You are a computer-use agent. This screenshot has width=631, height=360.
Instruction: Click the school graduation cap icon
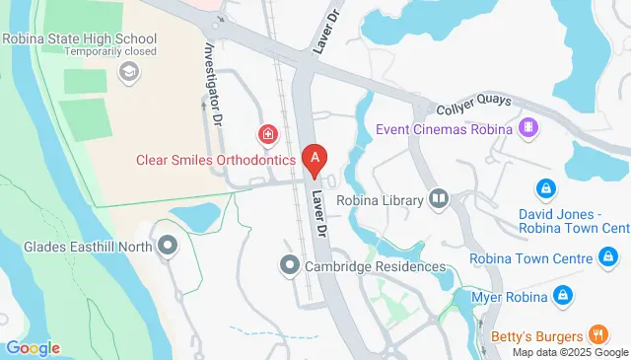pyautogui.click(x=128, y=71)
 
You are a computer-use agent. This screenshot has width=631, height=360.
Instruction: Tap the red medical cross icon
pyautogui.click(x=266, y=133)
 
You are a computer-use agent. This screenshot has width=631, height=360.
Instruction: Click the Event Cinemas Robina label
pyautogui.click(x=444, y=129)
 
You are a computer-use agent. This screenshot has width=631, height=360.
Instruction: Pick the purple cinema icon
pyautogui.click(x=528, y=128)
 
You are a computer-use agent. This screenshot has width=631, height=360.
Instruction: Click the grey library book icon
pyautogui.click(x=439, y=200)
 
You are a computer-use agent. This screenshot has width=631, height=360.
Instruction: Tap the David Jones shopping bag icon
pyautogui.click(x=543, y=187)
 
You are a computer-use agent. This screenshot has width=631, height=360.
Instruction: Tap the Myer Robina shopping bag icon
pyautogui.click(x=562, y=294)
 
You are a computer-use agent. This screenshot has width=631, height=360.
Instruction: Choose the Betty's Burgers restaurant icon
pyautogui.click(x=596, y=332)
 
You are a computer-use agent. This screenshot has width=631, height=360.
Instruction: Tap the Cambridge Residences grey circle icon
pyautogui.click(x=289, y=265)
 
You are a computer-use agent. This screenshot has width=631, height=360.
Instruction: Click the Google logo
pyautogui.click(x=33, y=348)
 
